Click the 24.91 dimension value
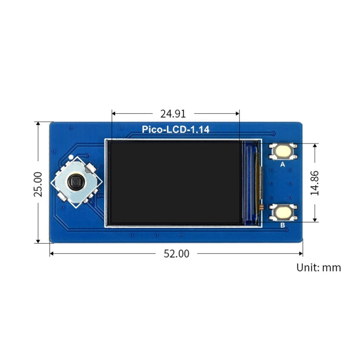pos(173,114)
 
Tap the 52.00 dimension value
pos(177,254)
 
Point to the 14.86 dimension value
pos(315,182)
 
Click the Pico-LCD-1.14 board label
pos(176,130)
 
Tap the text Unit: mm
pos(319,267)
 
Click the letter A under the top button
pos(282,164)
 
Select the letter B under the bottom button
pos(282,224)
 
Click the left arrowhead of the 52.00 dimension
pos(52,253)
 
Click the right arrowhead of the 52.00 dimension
pos(300,253)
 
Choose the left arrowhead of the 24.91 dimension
pos(114,114)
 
